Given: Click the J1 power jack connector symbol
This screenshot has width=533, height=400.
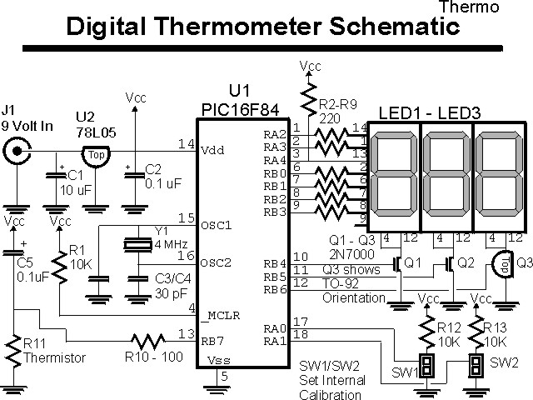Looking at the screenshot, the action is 17,150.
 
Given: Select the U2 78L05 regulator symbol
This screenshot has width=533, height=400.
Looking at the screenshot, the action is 97,157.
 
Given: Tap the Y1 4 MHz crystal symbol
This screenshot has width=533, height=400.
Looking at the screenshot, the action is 138,245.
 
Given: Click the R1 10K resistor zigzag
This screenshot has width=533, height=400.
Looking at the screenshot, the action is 60,267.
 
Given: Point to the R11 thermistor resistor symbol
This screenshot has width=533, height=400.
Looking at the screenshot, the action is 13,351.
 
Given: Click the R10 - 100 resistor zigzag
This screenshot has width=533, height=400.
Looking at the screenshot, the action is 148,341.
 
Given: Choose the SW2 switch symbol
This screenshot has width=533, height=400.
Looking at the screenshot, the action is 476,366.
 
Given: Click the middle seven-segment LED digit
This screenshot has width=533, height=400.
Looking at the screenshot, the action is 446,176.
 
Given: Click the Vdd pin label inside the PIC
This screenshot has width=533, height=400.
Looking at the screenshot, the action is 213,150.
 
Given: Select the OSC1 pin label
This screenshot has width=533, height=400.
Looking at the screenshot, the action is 217,225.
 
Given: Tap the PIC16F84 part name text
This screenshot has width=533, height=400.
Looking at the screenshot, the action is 241,110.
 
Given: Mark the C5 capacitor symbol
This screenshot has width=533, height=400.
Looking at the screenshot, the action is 13,252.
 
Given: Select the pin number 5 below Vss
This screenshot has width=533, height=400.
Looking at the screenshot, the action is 224,377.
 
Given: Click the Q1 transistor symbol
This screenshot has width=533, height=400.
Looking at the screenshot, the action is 398,264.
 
